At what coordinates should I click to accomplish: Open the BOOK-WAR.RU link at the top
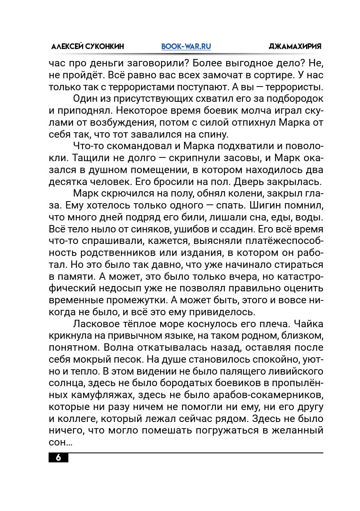coord(186,47)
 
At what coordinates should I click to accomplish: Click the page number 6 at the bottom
coord(58,458)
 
